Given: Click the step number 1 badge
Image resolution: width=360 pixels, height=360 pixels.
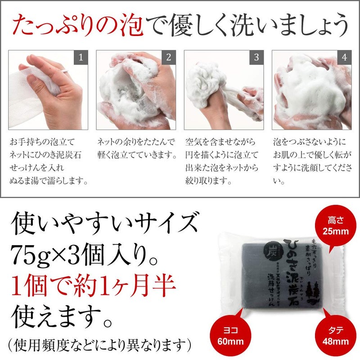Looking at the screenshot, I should pos(81,57).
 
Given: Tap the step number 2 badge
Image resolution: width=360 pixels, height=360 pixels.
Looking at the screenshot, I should pos(168,57).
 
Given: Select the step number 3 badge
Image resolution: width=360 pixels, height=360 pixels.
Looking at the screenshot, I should pos(256,57).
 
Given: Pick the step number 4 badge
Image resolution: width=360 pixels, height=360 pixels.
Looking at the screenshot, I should pos(344,57).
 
